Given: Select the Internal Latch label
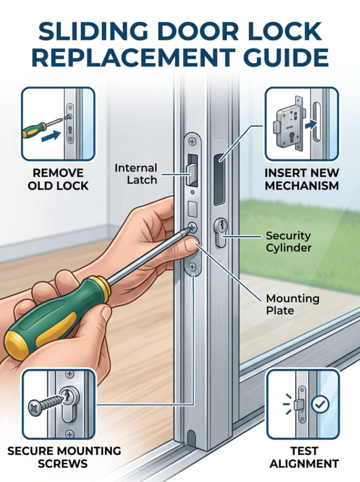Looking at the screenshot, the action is point(136,174).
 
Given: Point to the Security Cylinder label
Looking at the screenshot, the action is point(288,241).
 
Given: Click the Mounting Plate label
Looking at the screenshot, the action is point(292,305).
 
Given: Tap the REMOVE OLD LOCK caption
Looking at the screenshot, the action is point(58,179).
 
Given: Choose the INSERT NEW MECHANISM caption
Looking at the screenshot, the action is point(302,179).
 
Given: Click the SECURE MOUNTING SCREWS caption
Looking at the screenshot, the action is point(64,457).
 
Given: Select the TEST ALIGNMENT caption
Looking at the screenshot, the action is point(304,457).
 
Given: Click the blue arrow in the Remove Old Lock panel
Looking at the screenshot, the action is point(51,136).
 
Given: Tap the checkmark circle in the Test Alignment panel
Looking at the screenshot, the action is point(320,404).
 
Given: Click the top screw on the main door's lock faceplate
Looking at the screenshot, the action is point(192,142).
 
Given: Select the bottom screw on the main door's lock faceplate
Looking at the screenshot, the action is point(192,267).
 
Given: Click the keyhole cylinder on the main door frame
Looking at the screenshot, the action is point(220,233).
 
